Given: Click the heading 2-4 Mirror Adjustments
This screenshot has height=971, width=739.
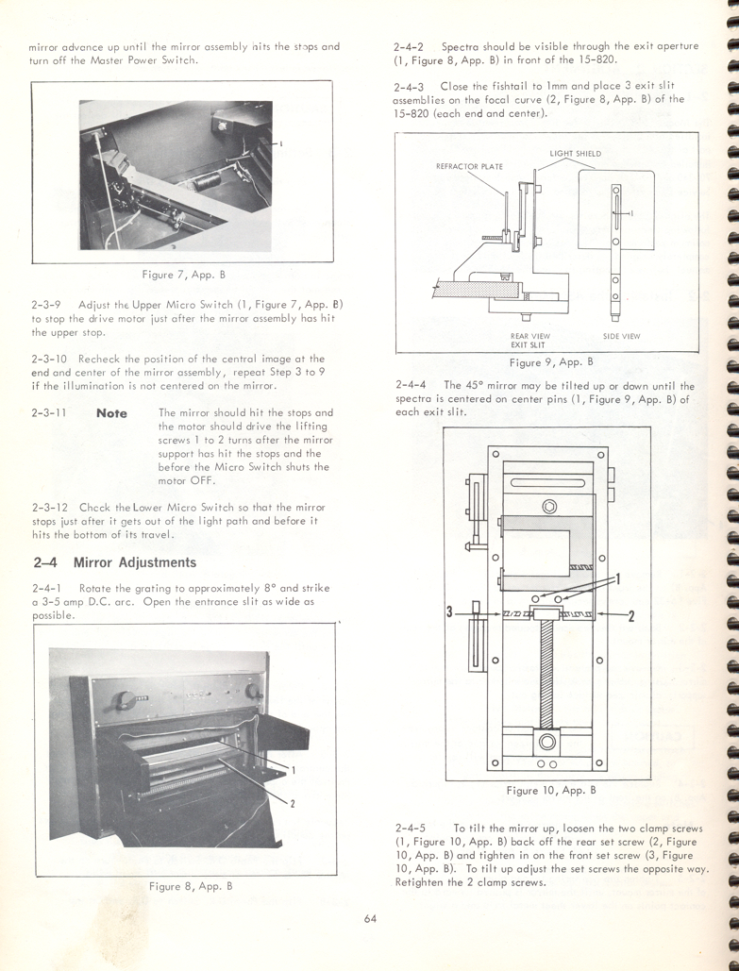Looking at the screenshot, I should tap(114, 562).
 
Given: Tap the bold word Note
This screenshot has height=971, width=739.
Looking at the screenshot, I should tap(111, 413).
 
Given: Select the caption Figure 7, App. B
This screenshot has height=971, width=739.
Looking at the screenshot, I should tap(182, 275).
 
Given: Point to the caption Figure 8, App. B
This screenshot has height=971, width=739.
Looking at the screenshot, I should tap(190, 886).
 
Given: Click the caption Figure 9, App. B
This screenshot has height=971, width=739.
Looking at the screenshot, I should tap(550, 361).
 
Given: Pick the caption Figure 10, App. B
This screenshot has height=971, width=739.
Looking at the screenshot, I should tap(551, 790).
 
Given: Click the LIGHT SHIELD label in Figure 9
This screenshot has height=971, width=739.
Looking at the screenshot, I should tap(575, 153).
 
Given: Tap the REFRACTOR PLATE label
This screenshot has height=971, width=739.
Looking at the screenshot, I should tap(469, 167).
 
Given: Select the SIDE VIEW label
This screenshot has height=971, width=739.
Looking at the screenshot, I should tap(621, 336).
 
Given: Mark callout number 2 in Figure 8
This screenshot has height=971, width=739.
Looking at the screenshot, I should tap(293, 803).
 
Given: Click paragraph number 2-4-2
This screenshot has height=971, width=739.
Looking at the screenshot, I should tap(411, 46).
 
